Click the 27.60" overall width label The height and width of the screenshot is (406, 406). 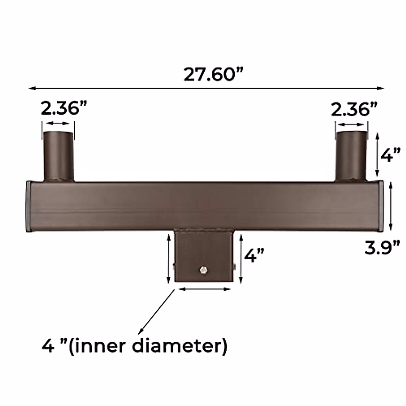click(213, 74)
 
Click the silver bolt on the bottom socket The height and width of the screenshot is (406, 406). click(204, 270)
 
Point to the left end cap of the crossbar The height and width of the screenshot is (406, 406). click(29, 206)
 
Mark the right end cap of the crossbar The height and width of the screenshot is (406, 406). click(381, 206)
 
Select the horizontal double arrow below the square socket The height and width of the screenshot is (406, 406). click(204, 289)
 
